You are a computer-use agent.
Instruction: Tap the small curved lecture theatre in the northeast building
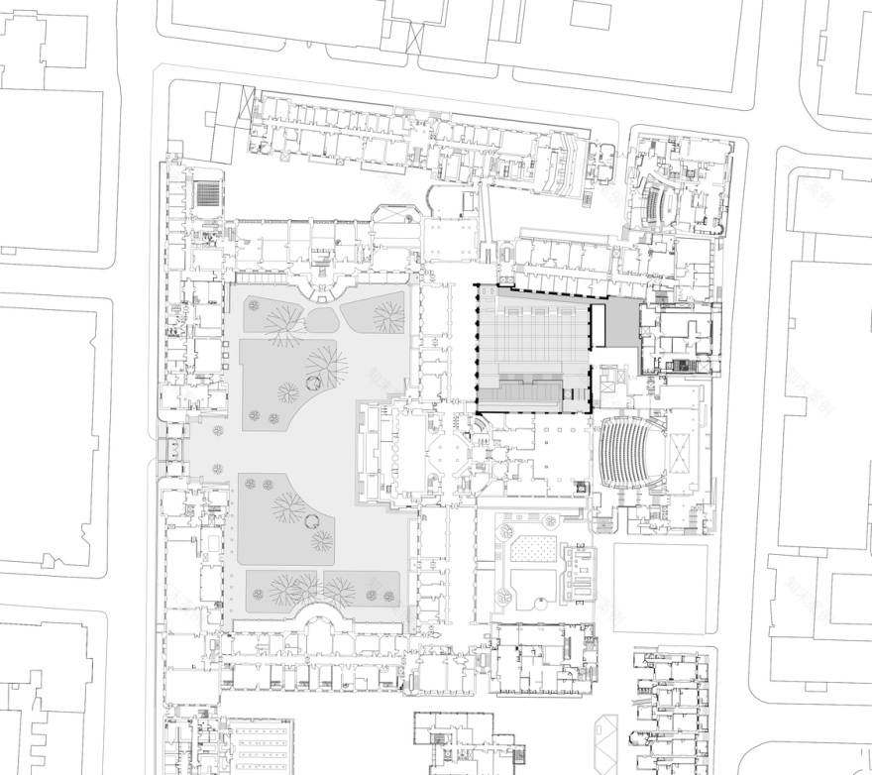click(x=655, y=203)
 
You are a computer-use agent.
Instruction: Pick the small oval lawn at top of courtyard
click(x=321, y=319)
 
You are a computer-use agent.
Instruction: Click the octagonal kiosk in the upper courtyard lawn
click(x=313, y=382)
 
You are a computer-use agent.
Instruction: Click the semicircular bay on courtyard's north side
click(x=323, y=289)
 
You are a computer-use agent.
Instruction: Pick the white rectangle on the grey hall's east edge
click(x=598, y=327)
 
